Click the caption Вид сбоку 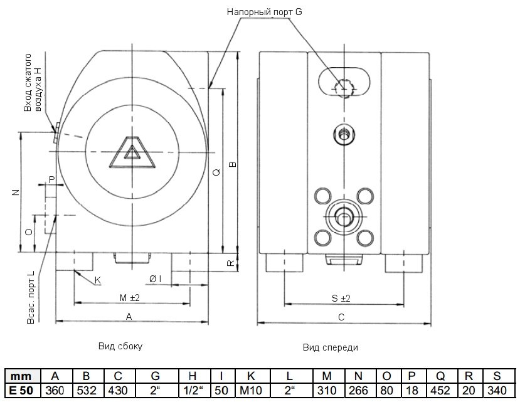point(120,346)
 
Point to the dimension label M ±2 point(130,297)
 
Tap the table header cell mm point(22,376)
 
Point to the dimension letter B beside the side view point(231,164)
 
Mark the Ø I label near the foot point(156,278)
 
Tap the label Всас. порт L point(31,300)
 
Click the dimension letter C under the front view point(341,317)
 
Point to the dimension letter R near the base point(230,263)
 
